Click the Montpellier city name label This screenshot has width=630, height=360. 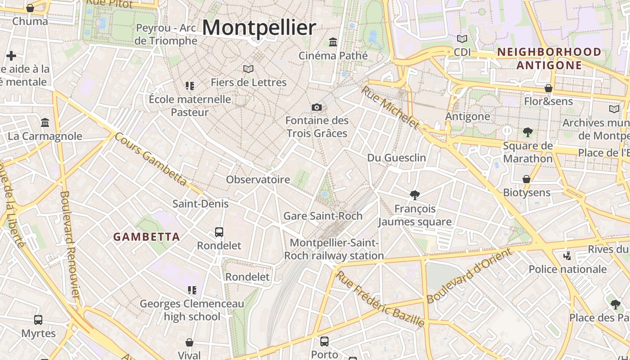click(x=259, y=27)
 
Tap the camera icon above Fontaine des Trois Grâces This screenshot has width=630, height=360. click(x=317, y=107)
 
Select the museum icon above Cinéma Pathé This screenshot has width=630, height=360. click(x=333, y=42)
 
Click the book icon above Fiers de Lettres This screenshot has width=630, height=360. click(x=248, y=69)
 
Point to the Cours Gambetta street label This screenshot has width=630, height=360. click(x=150, y=159)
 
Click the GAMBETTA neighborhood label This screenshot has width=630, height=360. click(x=146, y=237)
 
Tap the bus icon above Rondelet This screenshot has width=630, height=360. click(x=219, y=232)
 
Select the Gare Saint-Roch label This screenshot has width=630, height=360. click(x=323, y=216)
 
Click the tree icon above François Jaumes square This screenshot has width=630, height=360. click(x=415, y=195)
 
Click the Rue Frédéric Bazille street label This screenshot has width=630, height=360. click(x=380, y=299)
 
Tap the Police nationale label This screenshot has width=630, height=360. click(x=567, y=269)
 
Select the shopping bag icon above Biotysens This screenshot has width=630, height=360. click(x=526, y=179)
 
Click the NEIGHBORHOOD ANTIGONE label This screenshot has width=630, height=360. click(x=549, y=58)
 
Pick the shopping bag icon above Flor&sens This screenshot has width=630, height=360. click(x=549, y=88)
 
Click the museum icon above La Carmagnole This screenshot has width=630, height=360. click(x=45, y=122)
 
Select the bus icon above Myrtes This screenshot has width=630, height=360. click(x=38, y=320)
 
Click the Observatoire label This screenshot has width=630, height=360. click(x=258, y=180)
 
